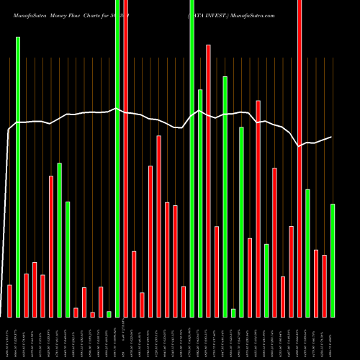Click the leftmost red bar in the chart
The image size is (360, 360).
pyautogui.click(x=9, y=301)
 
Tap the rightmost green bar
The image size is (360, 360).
pyautogui.click(x=333, y=260)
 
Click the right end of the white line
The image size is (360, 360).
pyautogui.click(x=331, y=137)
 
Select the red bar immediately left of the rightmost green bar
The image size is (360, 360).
pyautogui.click(x=324, y=286)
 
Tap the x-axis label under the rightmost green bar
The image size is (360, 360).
pyautogui.click(x=333, y=338)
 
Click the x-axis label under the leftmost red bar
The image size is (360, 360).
pyautogui.click(x=9, y=338)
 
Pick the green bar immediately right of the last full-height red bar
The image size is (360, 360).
pyautogui.click(x=307, y=253)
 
